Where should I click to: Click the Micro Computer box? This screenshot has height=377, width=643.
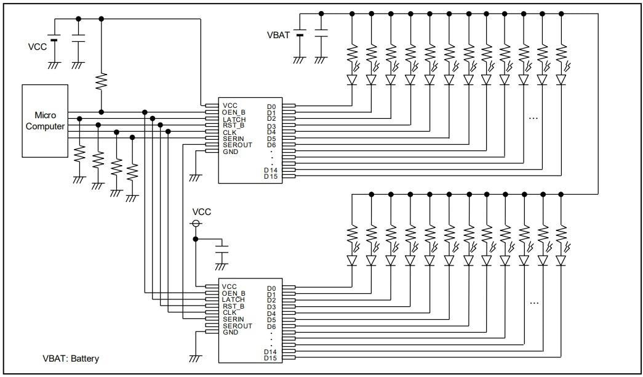coord(44,121)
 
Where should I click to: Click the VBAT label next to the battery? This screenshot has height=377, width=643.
coord(278,35)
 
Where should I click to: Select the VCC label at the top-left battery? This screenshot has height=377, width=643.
coord(37,46)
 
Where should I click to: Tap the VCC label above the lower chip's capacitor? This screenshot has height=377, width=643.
coord(202,211)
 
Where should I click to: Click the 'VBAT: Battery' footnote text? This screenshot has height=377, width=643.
coord(70,358)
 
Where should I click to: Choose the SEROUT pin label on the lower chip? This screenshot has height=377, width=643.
coord(237,326)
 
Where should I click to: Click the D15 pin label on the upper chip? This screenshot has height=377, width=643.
coord(271,177)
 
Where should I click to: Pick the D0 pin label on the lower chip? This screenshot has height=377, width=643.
coord(271,288)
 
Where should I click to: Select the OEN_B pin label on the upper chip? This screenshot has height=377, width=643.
coord(234,112)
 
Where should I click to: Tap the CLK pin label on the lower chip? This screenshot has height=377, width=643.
coord(230,312)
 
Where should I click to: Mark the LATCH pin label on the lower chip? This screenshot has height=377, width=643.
coord(234,299)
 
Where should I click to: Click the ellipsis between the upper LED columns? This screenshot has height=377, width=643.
coord(533,117)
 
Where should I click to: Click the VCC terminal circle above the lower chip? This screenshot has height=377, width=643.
coord(196,224)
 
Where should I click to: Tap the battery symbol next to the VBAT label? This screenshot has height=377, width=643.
coord(300,35)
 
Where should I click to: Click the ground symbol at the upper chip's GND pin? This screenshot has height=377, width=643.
coord(195,177)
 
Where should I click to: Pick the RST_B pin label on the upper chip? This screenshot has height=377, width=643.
coord(233,125)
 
